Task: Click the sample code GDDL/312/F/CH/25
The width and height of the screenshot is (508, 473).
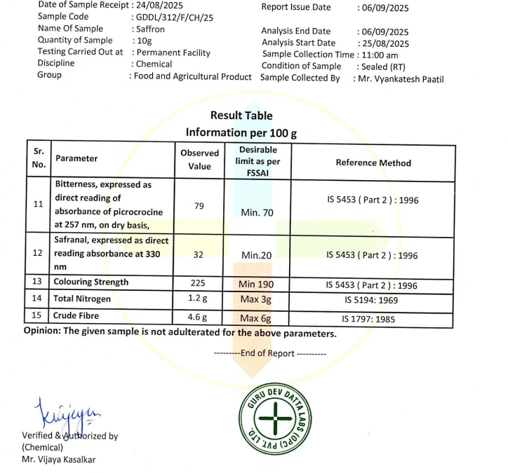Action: [173, 18]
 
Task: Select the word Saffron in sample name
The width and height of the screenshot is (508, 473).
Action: [148, 29]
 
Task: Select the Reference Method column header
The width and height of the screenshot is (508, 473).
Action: [373, 163]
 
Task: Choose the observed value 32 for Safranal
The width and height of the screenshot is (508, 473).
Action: [199, 255]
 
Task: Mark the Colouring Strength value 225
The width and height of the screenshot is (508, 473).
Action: [199, 283]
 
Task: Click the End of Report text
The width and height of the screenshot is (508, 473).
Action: [270, 353]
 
